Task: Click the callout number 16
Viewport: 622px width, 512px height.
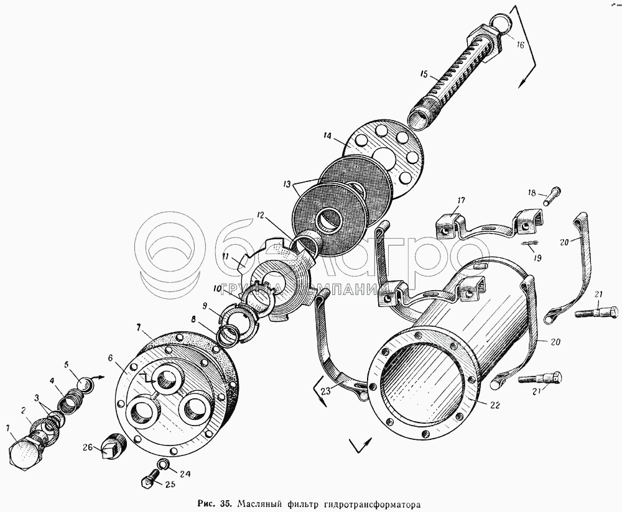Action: coord(520,45)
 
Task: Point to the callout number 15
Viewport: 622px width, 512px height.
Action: coord(423,75)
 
